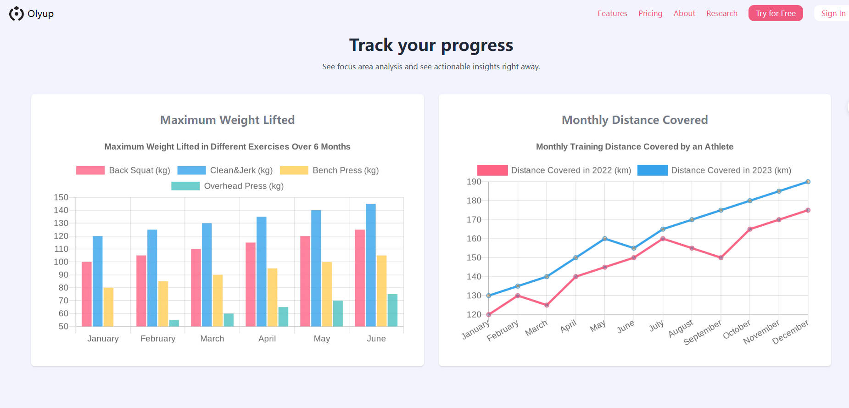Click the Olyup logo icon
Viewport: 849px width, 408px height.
pos(17,14)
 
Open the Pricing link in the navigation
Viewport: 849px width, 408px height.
pos(650,13)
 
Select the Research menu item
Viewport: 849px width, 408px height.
pos(722,13)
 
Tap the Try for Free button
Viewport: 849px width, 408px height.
pos(776,13)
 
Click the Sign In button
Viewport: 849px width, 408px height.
pos(833,13)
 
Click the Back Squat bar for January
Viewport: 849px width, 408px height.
pos(87,294)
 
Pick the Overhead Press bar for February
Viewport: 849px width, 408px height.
pos(174,323)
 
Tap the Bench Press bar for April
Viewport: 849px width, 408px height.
pos(272,297)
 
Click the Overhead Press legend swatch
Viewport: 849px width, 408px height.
pos(185,186)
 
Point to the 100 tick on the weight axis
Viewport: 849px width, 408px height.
pos(61,262)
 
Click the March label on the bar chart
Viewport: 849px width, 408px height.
pos(212,339)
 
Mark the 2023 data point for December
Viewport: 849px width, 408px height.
pos(808,182)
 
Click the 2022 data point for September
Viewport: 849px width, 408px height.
pos(721,257)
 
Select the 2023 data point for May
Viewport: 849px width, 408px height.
pos(605,239)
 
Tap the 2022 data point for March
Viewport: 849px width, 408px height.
pos(547,305)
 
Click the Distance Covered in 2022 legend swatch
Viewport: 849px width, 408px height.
pos(492,170)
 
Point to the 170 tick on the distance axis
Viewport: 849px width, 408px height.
pos(474,220)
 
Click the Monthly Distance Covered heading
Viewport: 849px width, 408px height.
pos(635,120)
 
